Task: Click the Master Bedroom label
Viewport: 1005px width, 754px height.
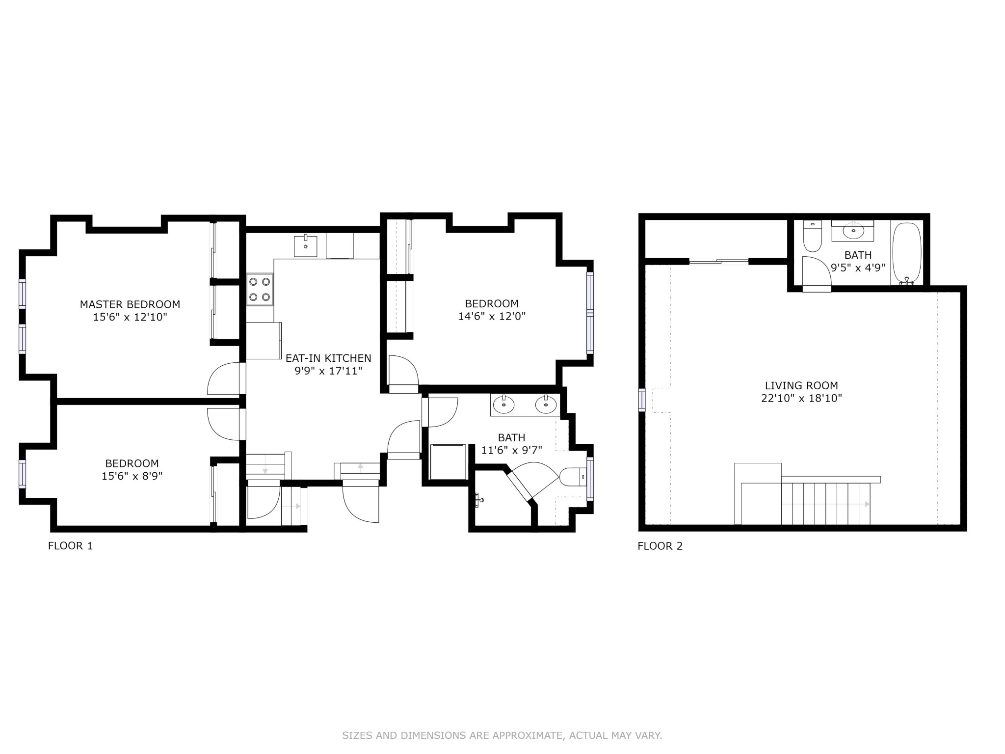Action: click(130, 304)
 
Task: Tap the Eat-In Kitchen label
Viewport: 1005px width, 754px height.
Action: click(328, 358)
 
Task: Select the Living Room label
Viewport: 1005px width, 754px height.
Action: click(801, 386)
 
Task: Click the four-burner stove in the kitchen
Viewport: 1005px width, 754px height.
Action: click(260, 290)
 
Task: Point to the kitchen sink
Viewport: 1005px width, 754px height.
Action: click(305, 246)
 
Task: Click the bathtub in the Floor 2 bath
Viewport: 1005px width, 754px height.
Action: click(907, 253)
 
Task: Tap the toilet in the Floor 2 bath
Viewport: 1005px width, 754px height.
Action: click(813, 237)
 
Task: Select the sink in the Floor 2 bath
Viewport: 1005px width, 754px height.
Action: click(853, 230)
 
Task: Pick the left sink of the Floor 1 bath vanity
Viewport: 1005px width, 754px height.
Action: click(504, 405)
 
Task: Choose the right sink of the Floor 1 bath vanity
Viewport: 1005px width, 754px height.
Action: click(546, 405)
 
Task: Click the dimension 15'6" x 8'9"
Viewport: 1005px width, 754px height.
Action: click(132, 476)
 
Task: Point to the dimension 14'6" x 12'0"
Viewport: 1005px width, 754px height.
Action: click(492, 316)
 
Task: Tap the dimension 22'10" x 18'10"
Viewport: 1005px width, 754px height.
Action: click(801, 398)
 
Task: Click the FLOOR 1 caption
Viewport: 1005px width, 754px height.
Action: click(70, 546)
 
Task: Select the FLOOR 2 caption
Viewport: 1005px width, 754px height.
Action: click(660, 546)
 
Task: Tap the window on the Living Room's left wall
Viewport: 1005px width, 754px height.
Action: click(641, 399)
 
